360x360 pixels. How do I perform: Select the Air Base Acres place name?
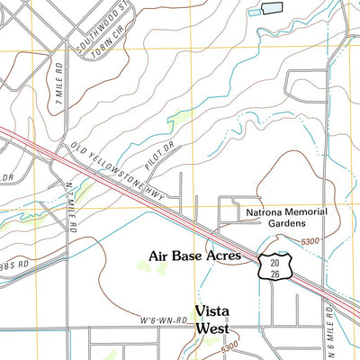[194, 256]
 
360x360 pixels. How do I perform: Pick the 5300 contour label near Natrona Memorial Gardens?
[310, 242]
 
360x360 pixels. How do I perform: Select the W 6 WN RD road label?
[163, 319]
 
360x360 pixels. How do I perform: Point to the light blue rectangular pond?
[271, 8]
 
